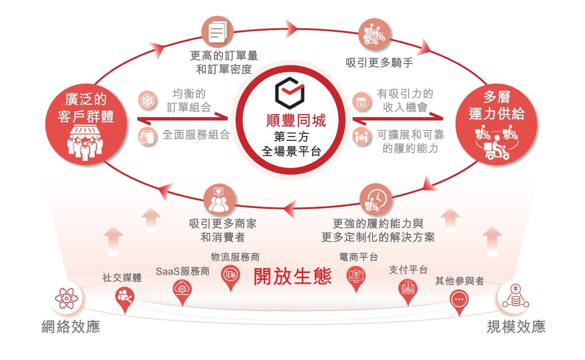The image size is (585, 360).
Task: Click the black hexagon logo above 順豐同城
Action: coord(290,93)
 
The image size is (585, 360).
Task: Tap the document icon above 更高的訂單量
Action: coord(217,32)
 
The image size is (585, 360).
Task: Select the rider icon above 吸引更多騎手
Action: coord(374,34)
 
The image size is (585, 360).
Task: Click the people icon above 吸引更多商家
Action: coord(219,200)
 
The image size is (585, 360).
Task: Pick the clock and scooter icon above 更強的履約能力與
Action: coord(376,200)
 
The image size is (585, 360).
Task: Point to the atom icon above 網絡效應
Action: coord(66,298)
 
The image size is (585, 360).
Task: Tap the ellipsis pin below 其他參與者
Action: coord(459,303)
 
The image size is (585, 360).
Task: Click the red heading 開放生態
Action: coord(292,276)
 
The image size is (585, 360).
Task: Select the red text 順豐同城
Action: coord(296,120)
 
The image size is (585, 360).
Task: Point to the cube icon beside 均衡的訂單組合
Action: coord(147,100)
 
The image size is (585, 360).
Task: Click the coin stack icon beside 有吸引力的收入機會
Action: coord(361,101)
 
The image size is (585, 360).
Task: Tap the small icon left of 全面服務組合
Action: coord(147,136)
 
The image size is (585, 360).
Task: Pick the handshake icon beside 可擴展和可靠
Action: coord(361,136)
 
